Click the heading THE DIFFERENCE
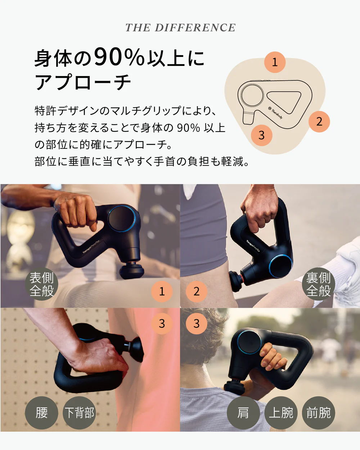click(x=180, y=28)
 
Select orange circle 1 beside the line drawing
click(x=275, y=62)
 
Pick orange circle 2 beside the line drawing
click(x=319, y=121)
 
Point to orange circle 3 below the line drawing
click(x=261, y=135)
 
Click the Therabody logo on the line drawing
click(x=275, y=112)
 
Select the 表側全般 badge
click(x=42, y=284)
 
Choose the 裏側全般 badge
click(x=318, y=284)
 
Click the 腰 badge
click(x=42, y=413)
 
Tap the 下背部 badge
click(x=79, y=413)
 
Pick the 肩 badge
click(x=243, y=413)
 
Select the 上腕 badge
click(x=281, y=413)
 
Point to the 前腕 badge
click(x=319, y=413)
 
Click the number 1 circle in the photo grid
click(x=162, y=291)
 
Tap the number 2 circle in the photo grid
click(x=196, y=291)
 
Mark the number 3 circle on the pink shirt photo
click(x=162, y=323)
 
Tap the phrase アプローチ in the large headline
click(x=83, y=82)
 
